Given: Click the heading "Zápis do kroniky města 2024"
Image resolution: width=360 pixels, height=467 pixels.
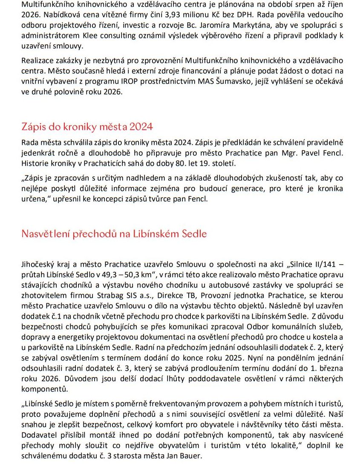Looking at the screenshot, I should click(x=87, y=127).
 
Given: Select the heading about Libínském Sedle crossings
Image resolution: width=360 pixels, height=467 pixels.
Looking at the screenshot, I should click(x=114, y=233).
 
